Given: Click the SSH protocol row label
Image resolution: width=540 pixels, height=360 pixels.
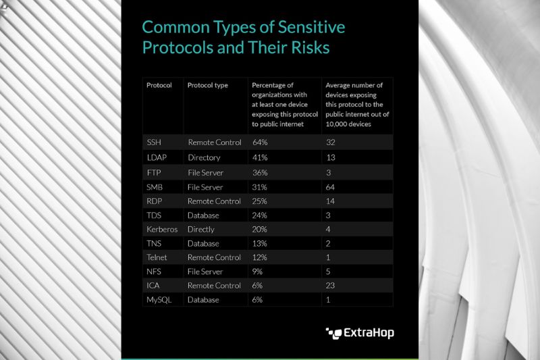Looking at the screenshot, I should [153, 143].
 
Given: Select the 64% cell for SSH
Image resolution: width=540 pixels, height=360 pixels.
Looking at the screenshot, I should [260, 143].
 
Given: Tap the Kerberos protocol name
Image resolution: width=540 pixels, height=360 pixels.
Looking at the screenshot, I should [162, 229].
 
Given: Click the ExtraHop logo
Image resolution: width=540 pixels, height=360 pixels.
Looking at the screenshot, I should [360, 332].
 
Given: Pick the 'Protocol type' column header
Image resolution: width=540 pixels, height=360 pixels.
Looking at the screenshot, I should [208, 86].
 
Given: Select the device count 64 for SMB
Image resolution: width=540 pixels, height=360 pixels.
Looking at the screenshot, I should [331, 186].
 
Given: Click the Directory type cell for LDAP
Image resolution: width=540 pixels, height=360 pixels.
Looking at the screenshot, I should [204, 157].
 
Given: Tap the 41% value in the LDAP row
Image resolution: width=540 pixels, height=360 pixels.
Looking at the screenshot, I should [260, 157].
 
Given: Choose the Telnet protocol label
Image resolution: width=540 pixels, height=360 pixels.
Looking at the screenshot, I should [157, 257].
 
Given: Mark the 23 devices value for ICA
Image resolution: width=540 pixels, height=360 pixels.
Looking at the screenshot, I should [331, 286].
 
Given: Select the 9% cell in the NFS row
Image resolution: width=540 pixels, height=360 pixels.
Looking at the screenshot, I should [258, 272].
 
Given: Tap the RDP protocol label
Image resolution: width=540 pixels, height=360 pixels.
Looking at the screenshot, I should [155, 201].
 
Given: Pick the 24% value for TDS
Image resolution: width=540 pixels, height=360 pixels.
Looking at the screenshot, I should [260, 215].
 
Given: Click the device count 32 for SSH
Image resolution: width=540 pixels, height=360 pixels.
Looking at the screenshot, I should [331, 143].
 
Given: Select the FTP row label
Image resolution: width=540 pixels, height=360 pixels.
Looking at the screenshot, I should [154, 172].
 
